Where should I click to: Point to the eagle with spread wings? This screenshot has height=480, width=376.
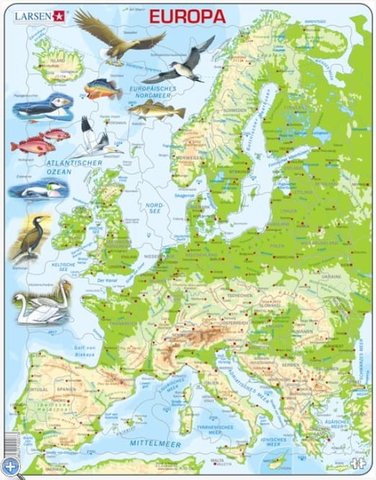120,36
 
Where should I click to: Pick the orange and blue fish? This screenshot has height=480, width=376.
103,89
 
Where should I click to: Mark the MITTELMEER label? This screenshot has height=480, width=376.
155,440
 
